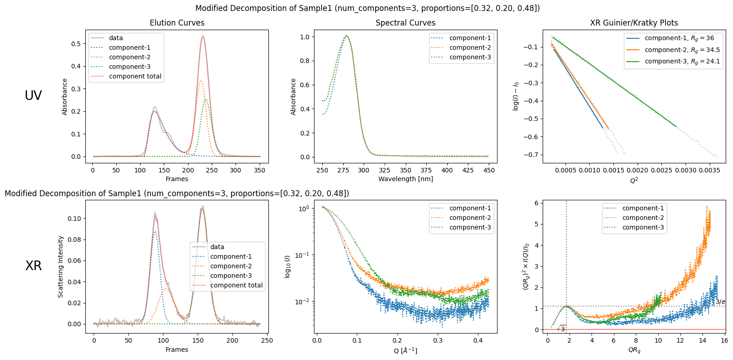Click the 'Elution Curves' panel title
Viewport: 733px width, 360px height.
(x=177, y=23)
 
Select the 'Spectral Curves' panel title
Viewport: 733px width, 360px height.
(x=405, y=23)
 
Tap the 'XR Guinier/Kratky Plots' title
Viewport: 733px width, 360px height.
(x=634, y=23)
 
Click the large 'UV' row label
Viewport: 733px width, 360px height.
(x=33, y=95)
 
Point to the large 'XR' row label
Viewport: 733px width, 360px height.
(x=33, y=266)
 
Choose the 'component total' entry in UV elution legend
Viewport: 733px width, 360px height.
(x=135, y=76)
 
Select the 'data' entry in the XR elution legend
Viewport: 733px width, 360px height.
(x=217, y=247)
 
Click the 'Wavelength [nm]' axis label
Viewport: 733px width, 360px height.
(x=405, y=179)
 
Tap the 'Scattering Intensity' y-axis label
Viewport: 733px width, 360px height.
(x=61, y=266)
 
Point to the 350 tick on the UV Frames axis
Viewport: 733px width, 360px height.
(x=259, y=170)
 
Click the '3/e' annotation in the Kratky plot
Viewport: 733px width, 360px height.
(x=720, y=302)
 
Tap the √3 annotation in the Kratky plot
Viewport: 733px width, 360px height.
(x=562, y=329)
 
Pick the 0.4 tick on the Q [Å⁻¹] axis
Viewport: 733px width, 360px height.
(x=477, y=340)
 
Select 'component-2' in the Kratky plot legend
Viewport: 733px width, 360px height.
(x=643, y=218)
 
